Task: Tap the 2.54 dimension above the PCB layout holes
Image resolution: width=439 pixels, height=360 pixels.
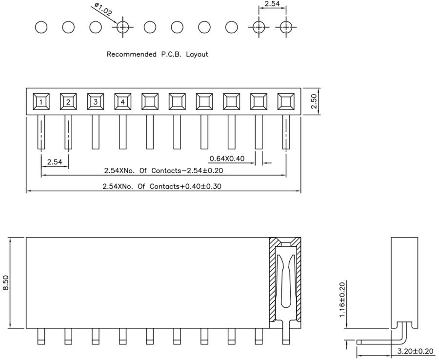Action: [x=272, y=4]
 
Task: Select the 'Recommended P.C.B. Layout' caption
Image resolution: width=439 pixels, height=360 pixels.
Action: [x=157, y=54]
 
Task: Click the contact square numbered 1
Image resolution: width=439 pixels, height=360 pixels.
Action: [x=41, y=101]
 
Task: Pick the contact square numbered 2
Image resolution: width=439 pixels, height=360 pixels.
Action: [x=69, y=101]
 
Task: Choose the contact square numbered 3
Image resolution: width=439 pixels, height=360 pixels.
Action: [x=96, y=101]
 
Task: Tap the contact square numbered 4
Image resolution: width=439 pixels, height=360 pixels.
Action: [x=123, y=101]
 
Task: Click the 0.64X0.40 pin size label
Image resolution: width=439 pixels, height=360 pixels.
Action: [x=227, y=159]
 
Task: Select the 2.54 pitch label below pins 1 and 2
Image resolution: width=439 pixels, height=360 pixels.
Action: [x=55, y=161]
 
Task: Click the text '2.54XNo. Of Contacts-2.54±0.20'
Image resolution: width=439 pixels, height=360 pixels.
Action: [x=164, y=171]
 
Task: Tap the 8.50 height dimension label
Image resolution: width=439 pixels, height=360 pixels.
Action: [x=6, y=282]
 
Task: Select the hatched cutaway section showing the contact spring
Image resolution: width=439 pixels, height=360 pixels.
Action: [x=285, y=282]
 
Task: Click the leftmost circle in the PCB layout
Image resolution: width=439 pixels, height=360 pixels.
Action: [x=41, y=27]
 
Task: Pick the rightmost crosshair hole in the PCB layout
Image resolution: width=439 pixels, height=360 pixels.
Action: [x=286, y=27]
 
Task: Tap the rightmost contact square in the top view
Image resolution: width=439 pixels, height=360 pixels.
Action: [x=286, y=101]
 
